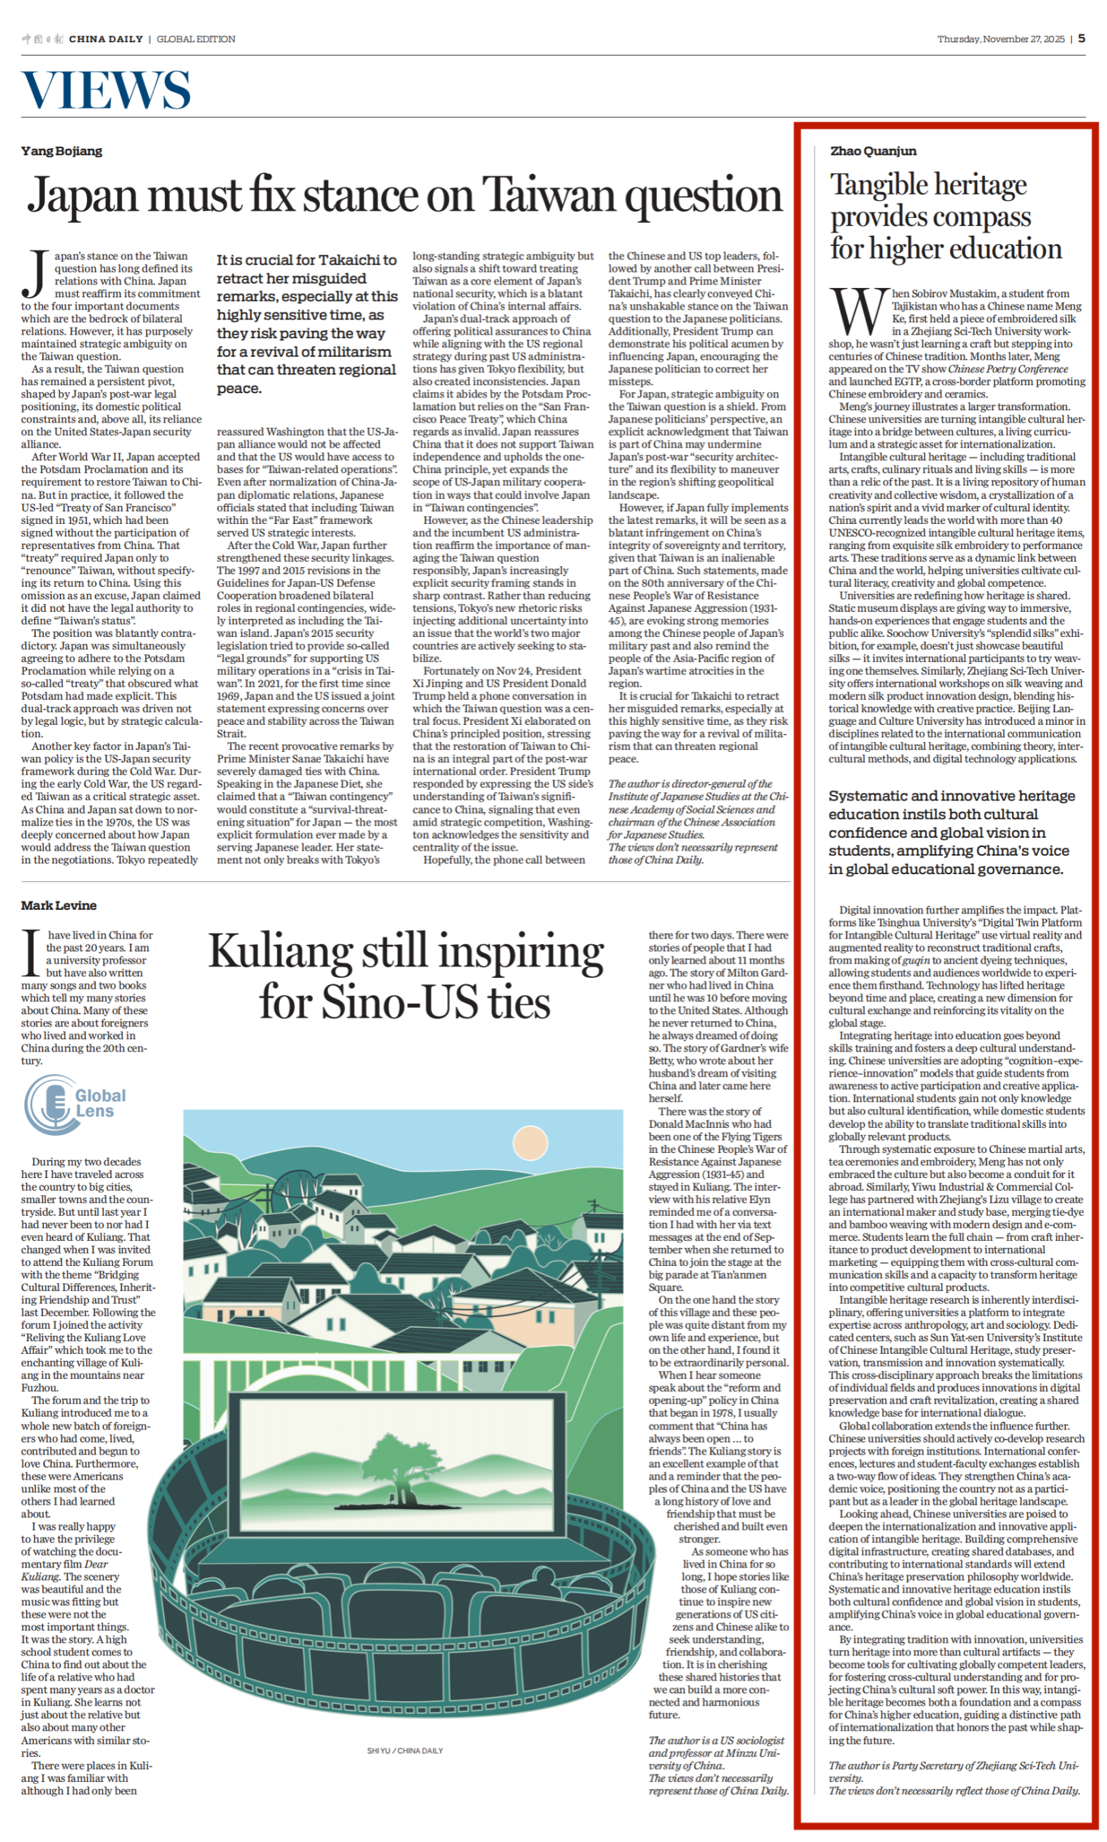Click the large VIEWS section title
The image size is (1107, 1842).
click(106, 90)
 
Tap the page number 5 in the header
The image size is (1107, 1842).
click(1081, 39)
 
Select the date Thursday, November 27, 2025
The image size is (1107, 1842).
click(1001, 39)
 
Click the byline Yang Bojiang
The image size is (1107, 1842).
click(62, 151)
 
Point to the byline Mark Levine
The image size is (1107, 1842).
click(59, 906)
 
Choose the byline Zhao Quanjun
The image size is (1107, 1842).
click(873, 151)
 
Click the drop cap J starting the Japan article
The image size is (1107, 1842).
click(34, 274)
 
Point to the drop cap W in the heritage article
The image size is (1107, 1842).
click(858, 311)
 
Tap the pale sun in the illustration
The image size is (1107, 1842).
click(531, 1144)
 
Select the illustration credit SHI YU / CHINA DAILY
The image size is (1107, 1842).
click(404, 1751)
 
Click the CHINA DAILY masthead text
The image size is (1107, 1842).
click(105, 39)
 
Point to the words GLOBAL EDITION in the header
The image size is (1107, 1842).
click(196, 39)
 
